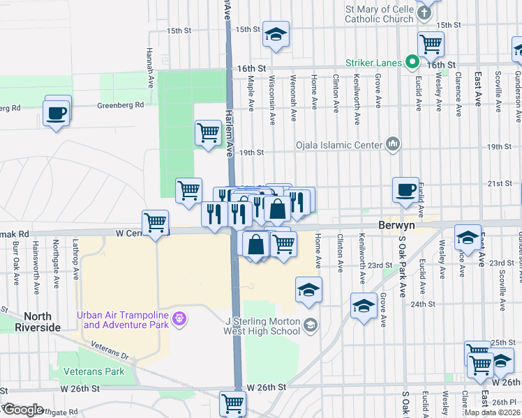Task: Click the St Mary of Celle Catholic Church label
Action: (x=380, y=14)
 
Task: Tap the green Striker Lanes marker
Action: (x=412, y=63)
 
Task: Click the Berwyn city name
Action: (x=396, y=226)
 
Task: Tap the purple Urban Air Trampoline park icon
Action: (x=180, y=319)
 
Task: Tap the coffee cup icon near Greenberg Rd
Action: (x=56, y=111)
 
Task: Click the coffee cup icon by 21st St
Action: (x=405, y=189)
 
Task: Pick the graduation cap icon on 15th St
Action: (x=276, y=34)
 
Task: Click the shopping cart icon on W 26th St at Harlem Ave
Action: (x=232, y=403)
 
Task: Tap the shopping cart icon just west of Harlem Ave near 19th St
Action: (x=208, y=131)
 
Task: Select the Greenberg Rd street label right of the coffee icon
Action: (x=119, y=105)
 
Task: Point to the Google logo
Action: (x=22, y=410)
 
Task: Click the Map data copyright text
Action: (x=492, y=412)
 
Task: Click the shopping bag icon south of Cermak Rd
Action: (x=257, y=244)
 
